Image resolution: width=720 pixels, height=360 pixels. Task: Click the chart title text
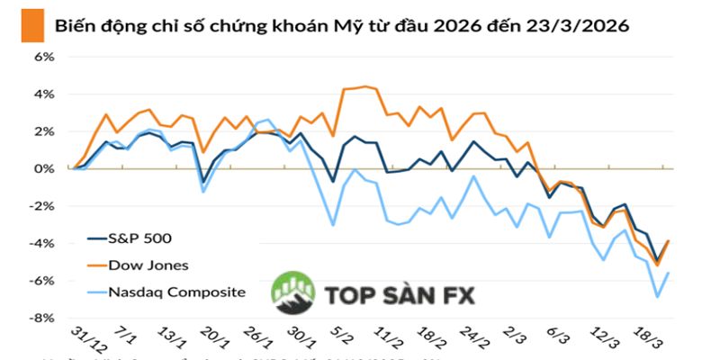342,25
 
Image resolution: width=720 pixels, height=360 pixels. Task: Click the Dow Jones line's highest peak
365,86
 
